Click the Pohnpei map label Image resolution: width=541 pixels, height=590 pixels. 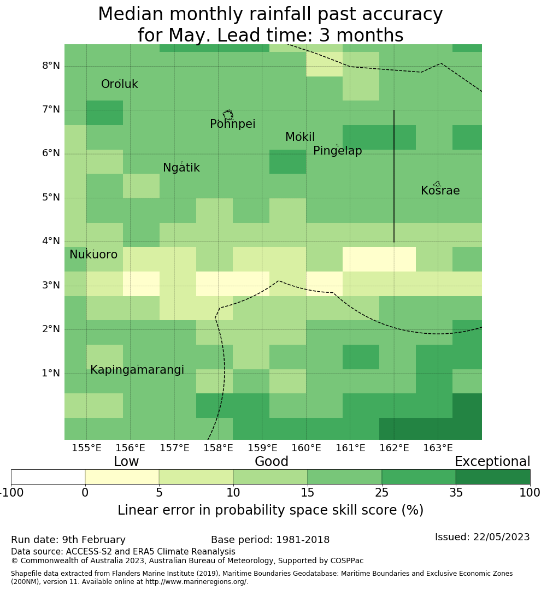pyautogui.click(x=232, y=125)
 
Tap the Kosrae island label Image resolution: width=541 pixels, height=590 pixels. pyautogui.click(x=440, y=191)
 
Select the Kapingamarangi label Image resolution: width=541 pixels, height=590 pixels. pyautogui.click(x=137, y=370)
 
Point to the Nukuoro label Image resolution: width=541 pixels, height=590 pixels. pyautogui.click(x=93, y=255)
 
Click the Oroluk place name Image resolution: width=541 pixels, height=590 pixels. pyautogui.click(x=119, y=85)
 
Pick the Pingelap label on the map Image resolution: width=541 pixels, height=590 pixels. pyautogui.click(x=337, y=151)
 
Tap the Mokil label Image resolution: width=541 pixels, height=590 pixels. pyautogui.click(x=300, y=138)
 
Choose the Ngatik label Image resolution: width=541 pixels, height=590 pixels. pyautogui.click(x=181, y=168)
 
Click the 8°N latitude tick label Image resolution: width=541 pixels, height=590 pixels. pyautogui.click(x=51, y=66)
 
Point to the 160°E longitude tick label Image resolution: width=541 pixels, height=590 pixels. pyautogui.click(x=306, y=449)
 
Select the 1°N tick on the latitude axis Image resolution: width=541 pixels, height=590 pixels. pyautogui.click(x=51, y=374)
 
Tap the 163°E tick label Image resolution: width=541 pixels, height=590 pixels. pyautogui.click(x=438, y=449)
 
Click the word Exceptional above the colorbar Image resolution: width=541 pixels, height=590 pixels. pyautogui.click(x=492, y=462)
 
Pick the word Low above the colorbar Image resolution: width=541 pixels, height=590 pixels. pyautogui.click(x=126, y=462)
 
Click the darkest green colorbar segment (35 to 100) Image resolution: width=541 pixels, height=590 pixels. pyautogui.click(x=492, y=477)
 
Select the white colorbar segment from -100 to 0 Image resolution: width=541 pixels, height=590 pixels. pyautogui.click(x=48, y=477)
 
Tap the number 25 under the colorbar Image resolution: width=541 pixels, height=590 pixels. pyautogui.click(x=381, y=493)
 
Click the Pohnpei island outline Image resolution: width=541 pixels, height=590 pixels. pyautogui.click(x=228, y=115)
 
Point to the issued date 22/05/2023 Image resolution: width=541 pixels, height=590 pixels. pyautogui.click(x=482, y=538)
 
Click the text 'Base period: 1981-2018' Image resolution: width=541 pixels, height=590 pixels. pyautogui.click(x=270, y=540)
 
